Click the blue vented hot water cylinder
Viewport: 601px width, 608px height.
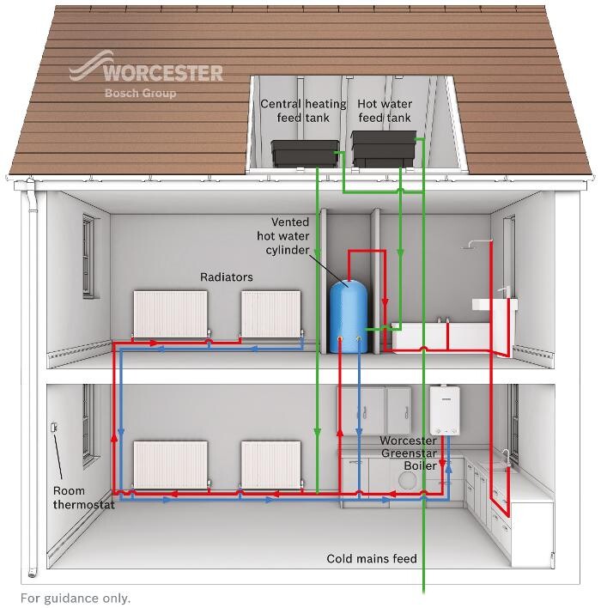click(348, 315)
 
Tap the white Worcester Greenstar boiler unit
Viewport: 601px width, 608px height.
click(446, 410)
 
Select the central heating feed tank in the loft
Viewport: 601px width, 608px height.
click(305, 153)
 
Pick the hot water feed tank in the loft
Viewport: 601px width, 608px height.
click(385, 149)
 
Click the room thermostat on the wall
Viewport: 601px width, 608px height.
click(52, 428)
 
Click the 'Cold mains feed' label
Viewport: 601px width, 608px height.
click(371, 559)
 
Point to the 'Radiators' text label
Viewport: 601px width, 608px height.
click(226, 277)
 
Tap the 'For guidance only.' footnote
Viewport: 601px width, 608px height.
click(76, 598)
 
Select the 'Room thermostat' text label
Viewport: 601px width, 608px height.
click(82, 498)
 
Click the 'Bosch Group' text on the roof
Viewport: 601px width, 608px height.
click(139, 93)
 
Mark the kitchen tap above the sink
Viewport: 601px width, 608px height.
click(506, 455)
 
